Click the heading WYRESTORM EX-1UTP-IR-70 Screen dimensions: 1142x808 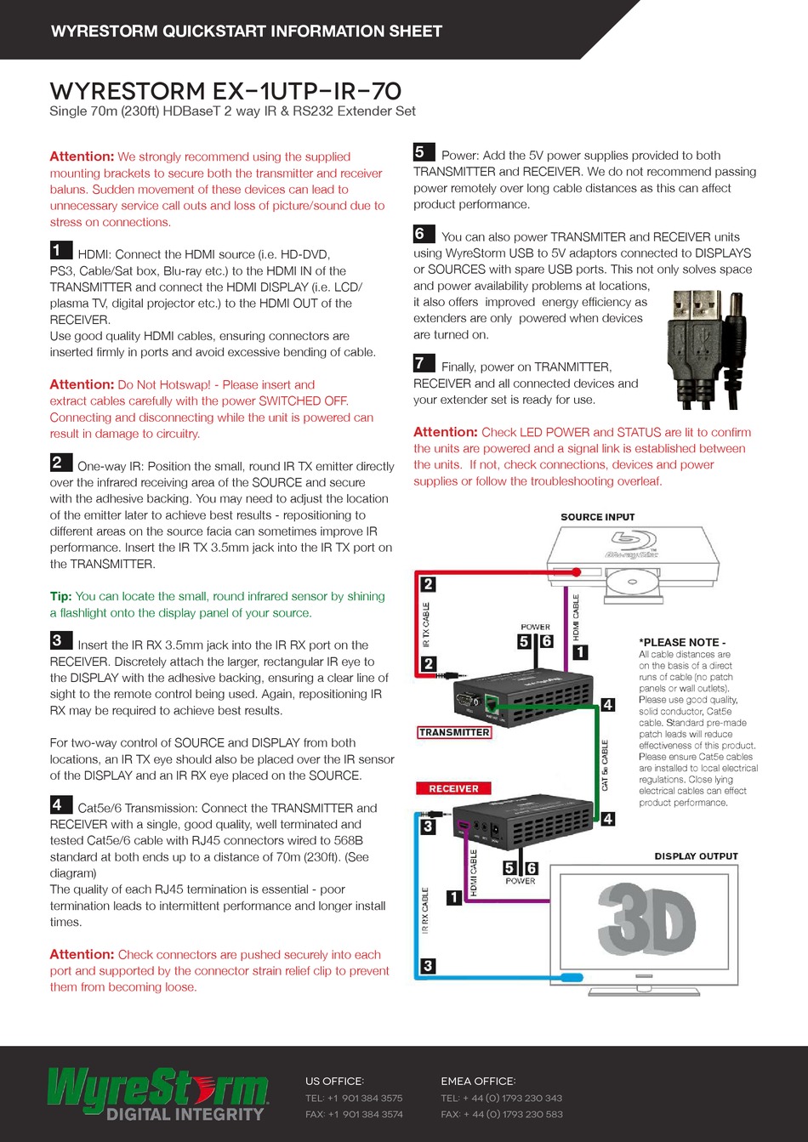point(225,91)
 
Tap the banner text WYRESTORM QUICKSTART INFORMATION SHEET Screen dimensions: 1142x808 point(247,31)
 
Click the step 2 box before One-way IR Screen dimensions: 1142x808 point(60,463)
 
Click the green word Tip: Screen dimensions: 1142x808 point(60,597)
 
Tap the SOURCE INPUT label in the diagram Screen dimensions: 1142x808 point(597,517)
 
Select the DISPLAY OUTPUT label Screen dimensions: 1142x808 point(696,856)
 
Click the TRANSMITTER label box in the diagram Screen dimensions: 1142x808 point(454,732)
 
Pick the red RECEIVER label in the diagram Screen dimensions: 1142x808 point(453,788)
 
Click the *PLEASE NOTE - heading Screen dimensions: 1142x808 point(682,643)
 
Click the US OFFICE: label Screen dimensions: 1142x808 point(334,1082)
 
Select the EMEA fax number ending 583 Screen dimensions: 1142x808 point(501,1114)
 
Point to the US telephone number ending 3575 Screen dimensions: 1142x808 point(354,1098)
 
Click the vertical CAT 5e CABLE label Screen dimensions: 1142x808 point(606,765)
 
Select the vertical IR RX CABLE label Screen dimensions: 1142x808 point(426,911)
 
